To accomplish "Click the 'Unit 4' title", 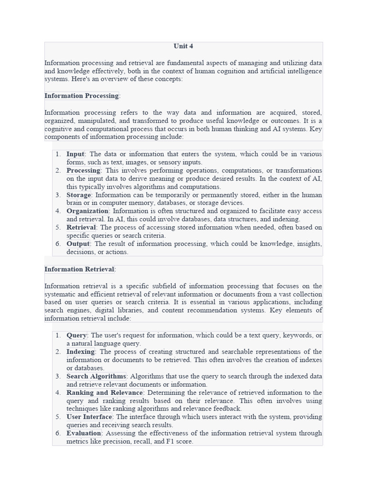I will click(183, 46).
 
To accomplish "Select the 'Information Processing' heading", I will click(82, 96).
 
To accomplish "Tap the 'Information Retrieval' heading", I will click(79, 269).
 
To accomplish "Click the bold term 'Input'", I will click(75, 154).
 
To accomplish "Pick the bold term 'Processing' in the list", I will click(83, 170).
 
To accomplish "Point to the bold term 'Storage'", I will click(78, 195).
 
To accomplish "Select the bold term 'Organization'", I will click(87, 211).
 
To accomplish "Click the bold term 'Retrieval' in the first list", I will click(81, 227).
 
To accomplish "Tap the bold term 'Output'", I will click(78, 244).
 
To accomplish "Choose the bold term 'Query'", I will click(76, 335).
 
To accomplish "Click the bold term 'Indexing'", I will click(81, 352).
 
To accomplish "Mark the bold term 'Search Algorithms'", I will click(96, 376).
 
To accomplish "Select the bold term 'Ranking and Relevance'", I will click(105, 393).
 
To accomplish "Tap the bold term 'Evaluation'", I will click(84, 433).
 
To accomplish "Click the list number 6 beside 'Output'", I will click(58, 244).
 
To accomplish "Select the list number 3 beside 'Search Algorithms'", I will click(58, 376).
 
